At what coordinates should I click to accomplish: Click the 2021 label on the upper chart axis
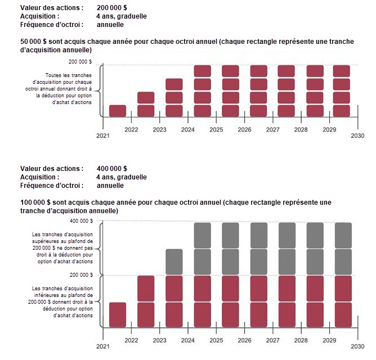pos(102,136)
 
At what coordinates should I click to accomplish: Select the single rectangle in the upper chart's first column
pos(118,111)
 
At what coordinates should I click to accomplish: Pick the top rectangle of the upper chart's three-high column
pos(174,84)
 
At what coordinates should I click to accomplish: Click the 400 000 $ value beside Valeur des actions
pos(111,168)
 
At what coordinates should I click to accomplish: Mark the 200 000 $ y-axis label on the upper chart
pos(80,62)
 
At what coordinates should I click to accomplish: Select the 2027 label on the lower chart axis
pos(273,341)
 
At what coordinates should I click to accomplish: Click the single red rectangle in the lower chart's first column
pos(118,314)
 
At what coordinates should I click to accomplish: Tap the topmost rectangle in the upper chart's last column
pos(342,71)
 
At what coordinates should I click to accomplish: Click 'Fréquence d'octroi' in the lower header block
pos(52,185)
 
